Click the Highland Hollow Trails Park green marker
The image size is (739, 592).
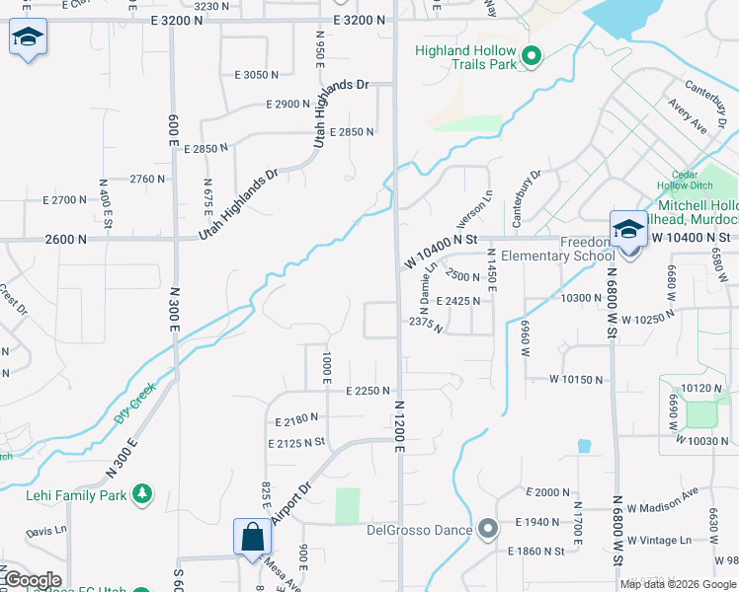(532, 56)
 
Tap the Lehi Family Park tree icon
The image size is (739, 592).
(143, 493)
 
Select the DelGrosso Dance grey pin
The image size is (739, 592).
(486, 530)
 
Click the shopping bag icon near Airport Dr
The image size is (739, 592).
(253, 537)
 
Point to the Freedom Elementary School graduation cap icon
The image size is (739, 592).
(627, 231)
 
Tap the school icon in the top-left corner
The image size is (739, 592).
(29, 38)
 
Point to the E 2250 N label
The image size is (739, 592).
(369, 391)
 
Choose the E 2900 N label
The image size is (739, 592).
(287, 104)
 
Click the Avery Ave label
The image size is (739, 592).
(687, 115)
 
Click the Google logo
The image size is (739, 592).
(33, 580)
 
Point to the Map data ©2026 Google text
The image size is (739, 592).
(678, 584)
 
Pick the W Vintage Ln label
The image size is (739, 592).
(658, 540)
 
